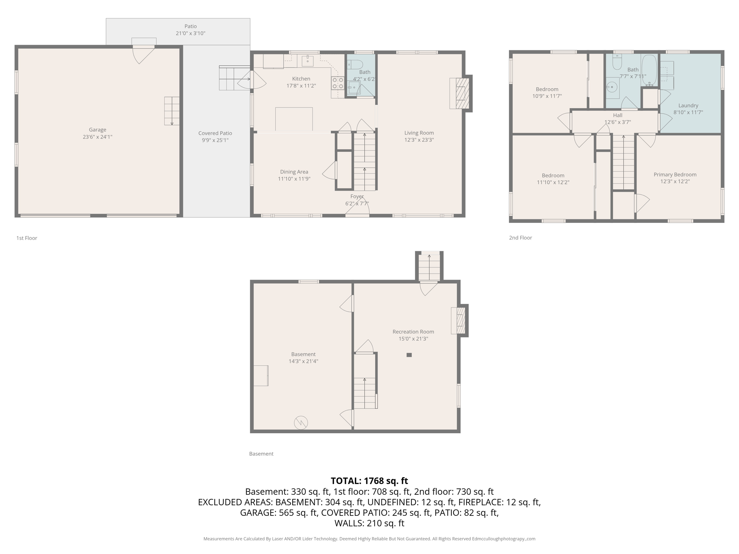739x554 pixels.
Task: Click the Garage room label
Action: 97,129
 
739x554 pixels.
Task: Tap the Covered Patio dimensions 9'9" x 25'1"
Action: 215,140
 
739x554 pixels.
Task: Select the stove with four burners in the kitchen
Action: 338,83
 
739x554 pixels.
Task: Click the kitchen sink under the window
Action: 307,61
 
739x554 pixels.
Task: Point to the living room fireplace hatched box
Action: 460,93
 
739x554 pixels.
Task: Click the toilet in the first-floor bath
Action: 355,65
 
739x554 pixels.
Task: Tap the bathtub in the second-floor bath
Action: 650,70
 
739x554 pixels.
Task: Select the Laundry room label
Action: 688,106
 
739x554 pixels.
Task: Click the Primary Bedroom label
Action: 675,175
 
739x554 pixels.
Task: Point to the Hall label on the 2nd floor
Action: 617,115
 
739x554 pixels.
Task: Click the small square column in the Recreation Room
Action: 409,355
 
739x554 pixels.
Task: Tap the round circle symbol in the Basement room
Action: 301,423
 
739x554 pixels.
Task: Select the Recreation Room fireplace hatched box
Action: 460,320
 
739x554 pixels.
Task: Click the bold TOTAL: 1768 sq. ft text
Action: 369,481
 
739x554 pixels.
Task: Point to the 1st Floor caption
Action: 27,238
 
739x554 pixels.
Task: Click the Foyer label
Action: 357,197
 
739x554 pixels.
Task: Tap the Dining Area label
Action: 294,172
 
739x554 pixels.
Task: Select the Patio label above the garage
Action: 191,26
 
